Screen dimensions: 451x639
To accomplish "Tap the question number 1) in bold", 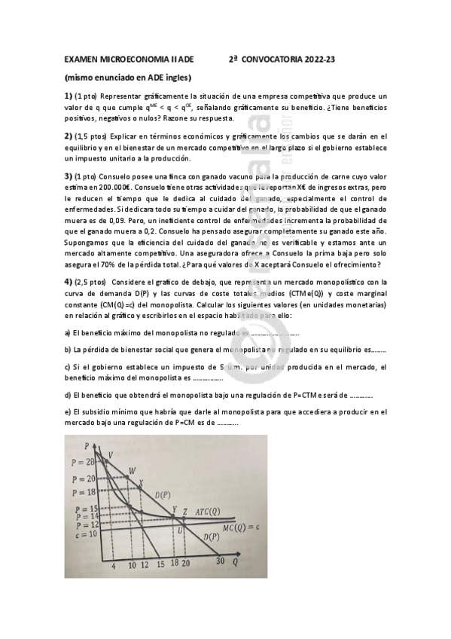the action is coord(68,96).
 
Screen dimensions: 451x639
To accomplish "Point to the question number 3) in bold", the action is coord(68,176).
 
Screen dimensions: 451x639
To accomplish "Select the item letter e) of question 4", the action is coord(67,411).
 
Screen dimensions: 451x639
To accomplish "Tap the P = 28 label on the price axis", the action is coord(84,461).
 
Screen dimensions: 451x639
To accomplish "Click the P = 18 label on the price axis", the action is coord(84,491).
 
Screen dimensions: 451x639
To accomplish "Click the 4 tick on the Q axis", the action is coord(114,564).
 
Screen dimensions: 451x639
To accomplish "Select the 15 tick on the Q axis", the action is coord(160,564).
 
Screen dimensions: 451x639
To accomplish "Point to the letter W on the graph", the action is coord(133,470).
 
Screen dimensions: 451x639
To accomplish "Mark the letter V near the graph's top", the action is coord(111,454).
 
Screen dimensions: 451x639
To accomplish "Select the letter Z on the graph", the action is coord(185,512).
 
